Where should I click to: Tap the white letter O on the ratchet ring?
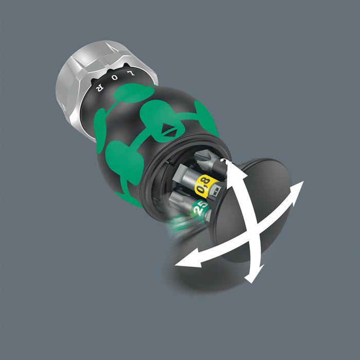coord(115,78)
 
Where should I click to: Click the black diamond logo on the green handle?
coord(170,130)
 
